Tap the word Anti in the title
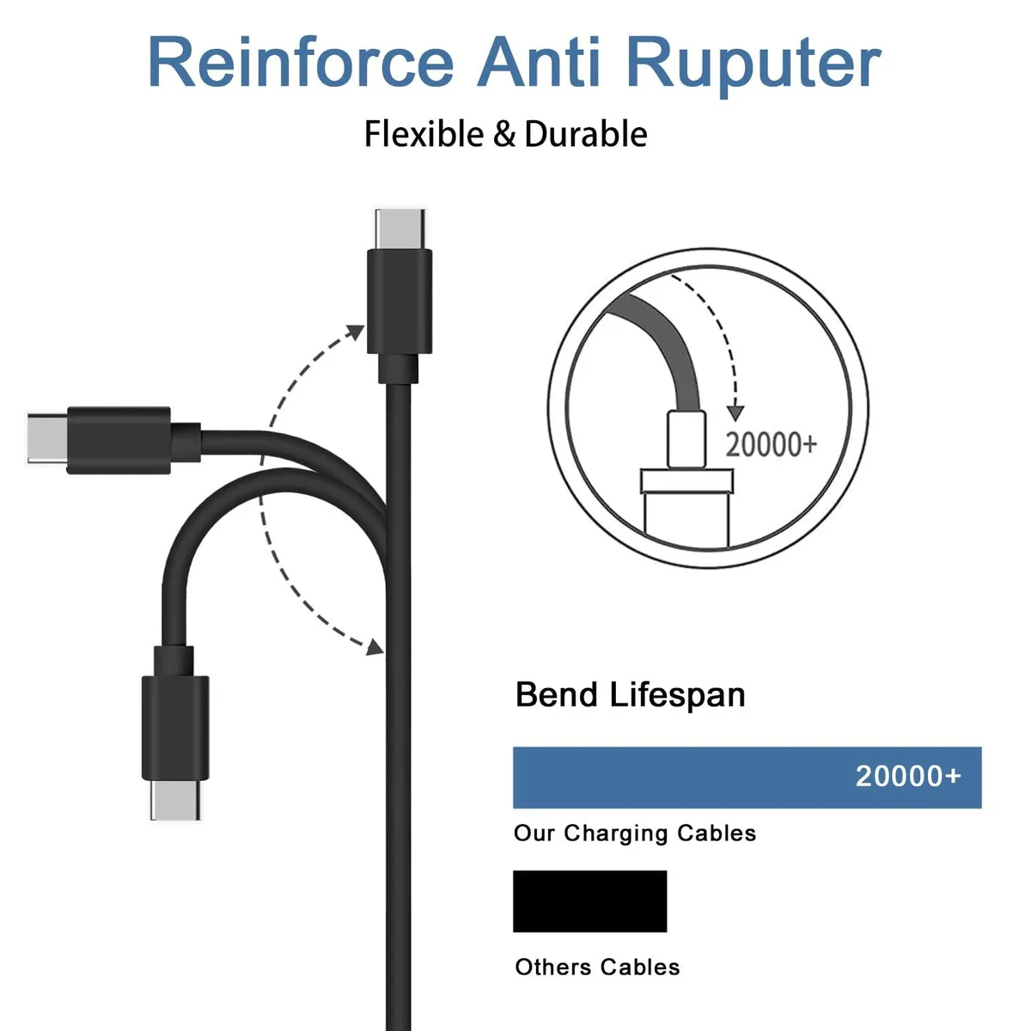click(539, 62)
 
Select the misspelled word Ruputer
click(755, 66)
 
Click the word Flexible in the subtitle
click(424, 134)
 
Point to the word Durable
click(586, 134)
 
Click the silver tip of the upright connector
click(400, 229)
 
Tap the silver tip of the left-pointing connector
click(47, 437)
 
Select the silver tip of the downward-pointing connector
click(175, 800)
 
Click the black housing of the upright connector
click(400, 302)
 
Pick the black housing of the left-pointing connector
click(119, 441)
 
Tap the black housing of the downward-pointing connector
click(175, 728)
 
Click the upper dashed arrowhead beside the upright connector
click(355, 332)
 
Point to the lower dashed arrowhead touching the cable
click(375, 647)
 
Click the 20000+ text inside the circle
click(771, 444)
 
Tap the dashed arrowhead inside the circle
click(735, 413)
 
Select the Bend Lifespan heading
click(631, 695)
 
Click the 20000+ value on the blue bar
click(908, 776)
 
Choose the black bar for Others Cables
click(589, 901)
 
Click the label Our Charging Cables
click(635, 833)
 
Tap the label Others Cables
click(597, 967)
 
